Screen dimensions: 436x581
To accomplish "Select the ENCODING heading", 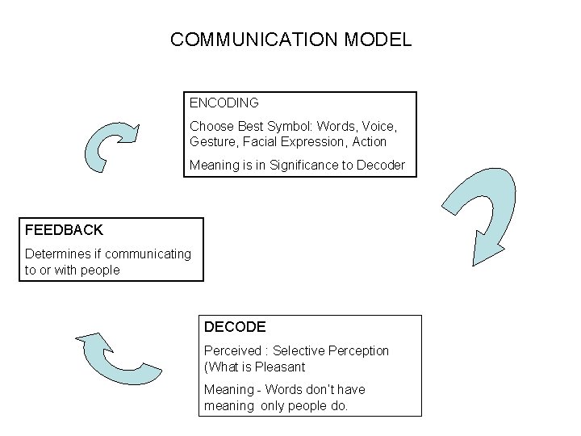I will (224, 103).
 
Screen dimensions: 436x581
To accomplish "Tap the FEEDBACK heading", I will (64, 230).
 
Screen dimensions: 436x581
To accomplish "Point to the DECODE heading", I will (235, 327).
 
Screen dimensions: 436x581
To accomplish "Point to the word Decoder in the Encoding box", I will (382, 166).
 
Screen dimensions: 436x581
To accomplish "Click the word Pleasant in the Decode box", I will (279, 367).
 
